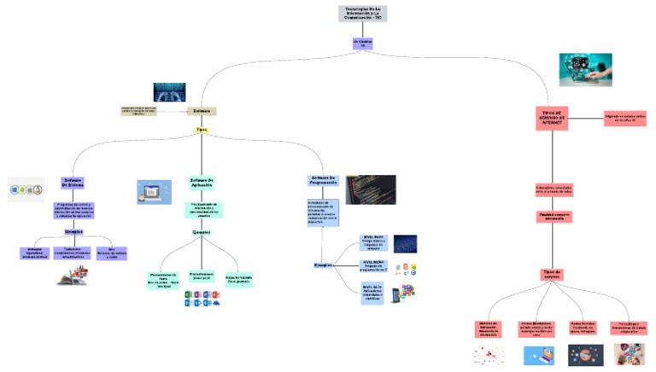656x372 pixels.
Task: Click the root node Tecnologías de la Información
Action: click(362, 14)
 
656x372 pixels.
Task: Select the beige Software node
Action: click(202, 111)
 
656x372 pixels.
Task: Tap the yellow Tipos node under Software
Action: click(202, 130)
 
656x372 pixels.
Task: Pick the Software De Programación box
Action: click(324, 181)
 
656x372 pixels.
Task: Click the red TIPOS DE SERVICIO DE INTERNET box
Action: click(553, 119)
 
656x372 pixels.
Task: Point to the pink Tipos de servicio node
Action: click(553, 274)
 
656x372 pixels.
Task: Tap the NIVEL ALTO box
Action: click(373, 292)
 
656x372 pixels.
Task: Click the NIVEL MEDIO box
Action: click(373, 265)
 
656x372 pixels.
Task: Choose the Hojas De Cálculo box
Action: click(238, 280)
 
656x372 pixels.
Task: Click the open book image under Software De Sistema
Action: click(73, 275)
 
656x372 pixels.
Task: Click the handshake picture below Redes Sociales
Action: click(586, 353)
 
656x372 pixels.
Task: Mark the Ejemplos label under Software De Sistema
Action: click(73, 231)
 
